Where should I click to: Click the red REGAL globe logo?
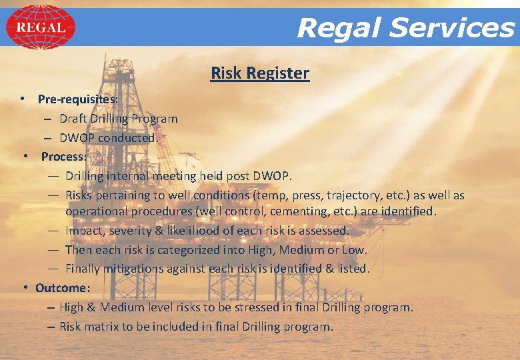[x=40, y=27]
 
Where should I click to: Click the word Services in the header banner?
[x=452, y=28]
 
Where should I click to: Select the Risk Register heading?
[x=260, y=73]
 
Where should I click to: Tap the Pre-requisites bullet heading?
[x=78, y=99]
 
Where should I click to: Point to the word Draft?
[x=73, y=119]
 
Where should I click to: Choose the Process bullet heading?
[x=64, y=157]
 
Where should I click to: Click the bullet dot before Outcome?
[x=25, y=287]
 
